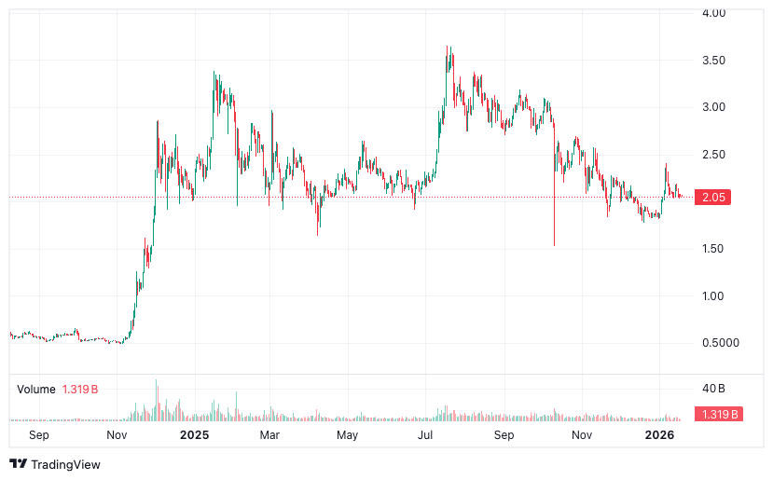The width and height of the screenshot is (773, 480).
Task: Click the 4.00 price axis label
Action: (714, 13)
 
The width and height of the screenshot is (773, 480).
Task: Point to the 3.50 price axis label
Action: (714, 61)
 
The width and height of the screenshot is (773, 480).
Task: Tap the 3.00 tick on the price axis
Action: (714, 107)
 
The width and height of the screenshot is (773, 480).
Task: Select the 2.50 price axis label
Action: (714, 155)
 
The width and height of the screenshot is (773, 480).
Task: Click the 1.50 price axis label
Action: (714, 249)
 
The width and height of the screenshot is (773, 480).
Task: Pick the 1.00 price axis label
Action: (714, 296)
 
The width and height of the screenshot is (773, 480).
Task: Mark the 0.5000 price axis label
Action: (719, 343)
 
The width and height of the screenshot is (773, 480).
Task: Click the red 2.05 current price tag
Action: (714, 198)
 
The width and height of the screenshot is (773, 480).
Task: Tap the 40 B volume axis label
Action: (713, 388)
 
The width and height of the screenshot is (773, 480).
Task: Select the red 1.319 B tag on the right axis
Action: (718, 415)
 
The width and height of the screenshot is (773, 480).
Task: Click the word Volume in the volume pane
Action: (35, 389)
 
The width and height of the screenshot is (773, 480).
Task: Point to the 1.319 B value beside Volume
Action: (81, 389)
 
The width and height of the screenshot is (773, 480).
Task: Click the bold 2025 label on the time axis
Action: (194, 435)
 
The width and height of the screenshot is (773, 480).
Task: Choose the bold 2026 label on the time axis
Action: (659, 435)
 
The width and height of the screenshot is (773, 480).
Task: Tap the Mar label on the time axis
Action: (269, 435)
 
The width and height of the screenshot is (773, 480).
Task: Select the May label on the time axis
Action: (347, 435)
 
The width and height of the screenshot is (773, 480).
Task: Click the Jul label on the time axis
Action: (425, 435)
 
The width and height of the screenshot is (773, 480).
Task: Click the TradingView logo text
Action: (65, 464)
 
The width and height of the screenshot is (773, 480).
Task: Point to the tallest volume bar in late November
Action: (157, 382)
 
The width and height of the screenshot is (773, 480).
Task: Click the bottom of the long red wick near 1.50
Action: (554, 245)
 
